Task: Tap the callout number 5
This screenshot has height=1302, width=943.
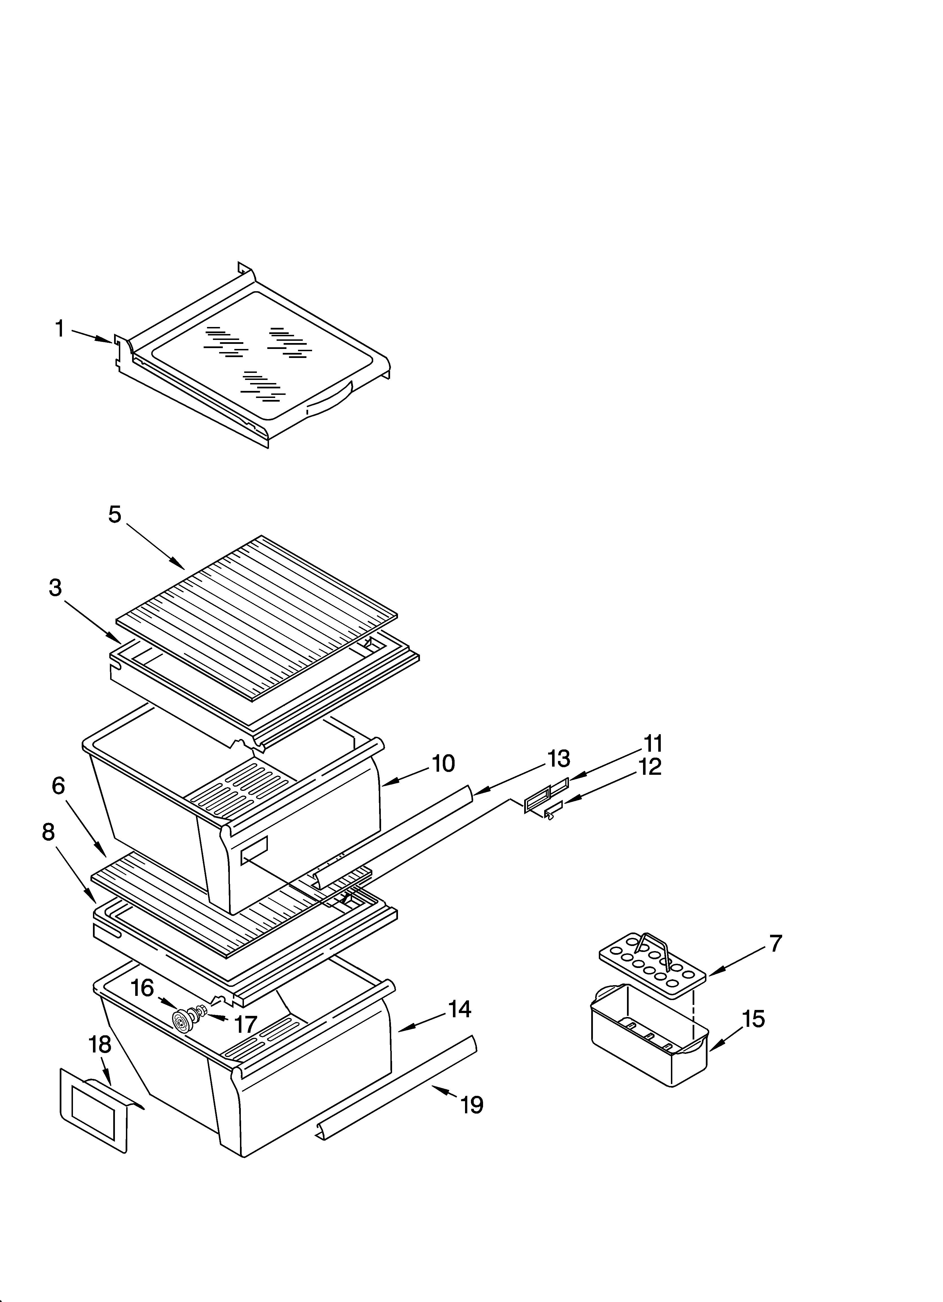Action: pos(115,514)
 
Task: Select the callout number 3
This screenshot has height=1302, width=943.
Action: pos(55,588)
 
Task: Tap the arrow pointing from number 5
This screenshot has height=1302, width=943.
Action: pos(155,545)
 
